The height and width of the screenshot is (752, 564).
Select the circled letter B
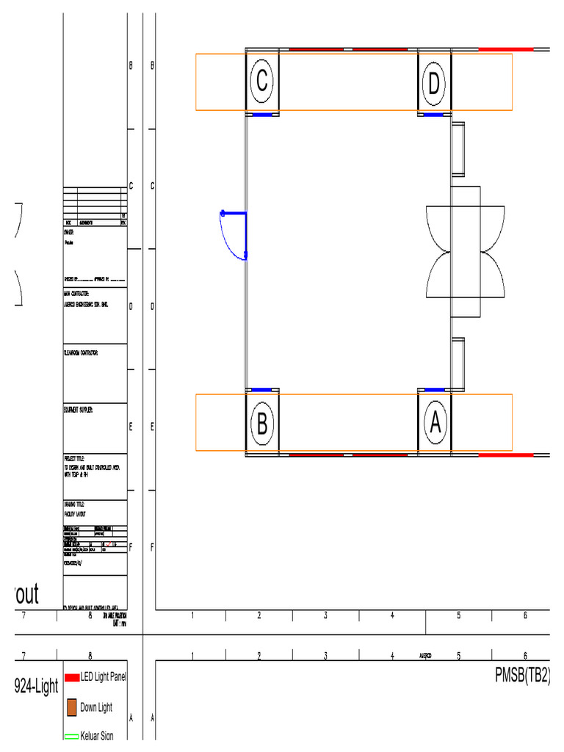tap(262, 424)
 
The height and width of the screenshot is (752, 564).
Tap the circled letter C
tap(261, 82)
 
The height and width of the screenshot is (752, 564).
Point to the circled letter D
tap(434, 84)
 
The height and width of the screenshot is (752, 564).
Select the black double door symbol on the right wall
tap(466, 252)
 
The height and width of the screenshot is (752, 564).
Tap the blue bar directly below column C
tap(262, 115)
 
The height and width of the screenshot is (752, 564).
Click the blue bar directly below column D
tap(434, 115)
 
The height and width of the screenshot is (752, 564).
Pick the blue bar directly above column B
tap(262, 389)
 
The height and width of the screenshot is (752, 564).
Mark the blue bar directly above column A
tap(435, 389)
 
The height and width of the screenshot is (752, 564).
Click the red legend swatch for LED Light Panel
tap(72, 678)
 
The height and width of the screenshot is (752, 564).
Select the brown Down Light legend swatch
tap(72, 707)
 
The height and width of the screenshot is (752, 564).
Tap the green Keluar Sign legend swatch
tap(72, 736)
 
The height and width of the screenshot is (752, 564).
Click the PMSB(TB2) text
tap(522, 676)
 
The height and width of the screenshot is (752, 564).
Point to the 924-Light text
tap(36, 687)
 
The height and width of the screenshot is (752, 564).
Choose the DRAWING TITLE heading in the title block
tap(74, 505)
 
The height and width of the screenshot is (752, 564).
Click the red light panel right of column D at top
tap(505, 49)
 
